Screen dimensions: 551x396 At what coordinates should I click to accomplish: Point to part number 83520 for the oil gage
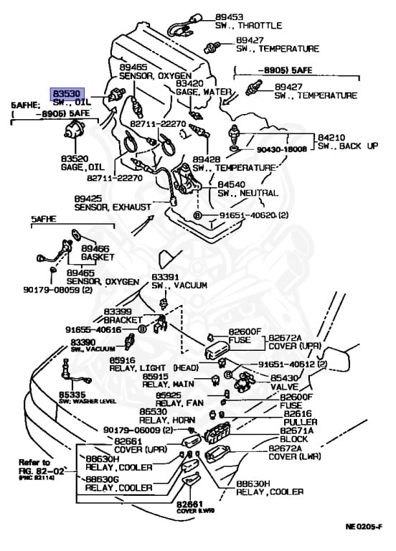[x=75, y=158]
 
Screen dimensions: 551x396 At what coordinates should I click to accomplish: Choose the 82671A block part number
[x=296, y=430]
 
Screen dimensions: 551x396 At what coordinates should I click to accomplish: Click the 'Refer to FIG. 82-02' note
[x=35, y=466]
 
